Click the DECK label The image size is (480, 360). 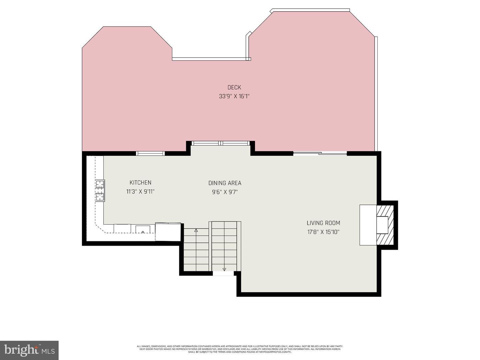tap(234, 87)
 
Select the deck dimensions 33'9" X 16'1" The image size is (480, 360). tap(234, 96)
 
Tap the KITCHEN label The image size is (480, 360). tap(140, 183)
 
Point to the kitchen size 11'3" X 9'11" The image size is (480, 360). tap(140, 192)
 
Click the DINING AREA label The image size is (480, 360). tap(225, 183)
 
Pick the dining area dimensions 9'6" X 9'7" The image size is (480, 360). tap(225, 192)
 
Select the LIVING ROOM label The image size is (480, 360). tap(323, 223)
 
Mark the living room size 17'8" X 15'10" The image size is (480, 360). tap(323, 232)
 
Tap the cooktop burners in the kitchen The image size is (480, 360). tap(100, 190)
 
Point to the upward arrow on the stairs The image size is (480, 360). tap(196, 230)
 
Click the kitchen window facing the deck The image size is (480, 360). tap(150, 153)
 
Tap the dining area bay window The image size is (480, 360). tap(221, 143)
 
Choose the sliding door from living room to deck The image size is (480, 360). tap(320, 153)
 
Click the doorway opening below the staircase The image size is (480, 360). tap(223, 273)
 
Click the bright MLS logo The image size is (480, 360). tap(29, 350)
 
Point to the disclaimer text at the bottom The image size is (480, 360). tap(240, 349)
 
